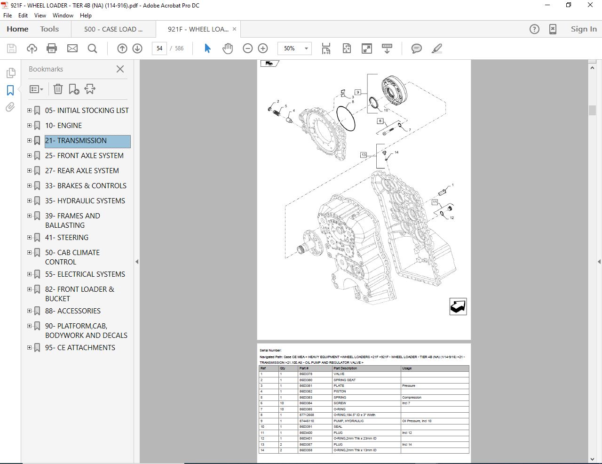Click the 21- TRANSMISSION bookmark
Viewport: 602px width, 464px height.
(76, 141)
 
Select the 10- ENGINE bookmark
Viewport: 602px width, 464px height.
(63, 126)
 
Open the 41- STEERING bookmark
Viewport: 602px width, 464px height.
(66, 238)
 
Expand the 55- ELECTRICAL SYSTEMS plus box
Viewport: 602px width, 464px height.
(29, 274)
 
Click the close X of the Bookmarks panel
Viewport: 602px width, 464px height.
(120, 69)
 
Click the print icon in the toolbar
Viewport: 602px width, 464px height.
(52, 48)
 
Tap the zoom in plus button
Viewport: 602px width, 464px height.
(263, 48)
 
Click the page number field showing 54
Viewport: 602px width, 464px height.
(159, 48)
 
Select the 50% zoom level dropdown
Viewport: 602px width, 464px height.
(294, 48)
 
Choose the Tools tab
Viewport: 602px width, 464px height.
(49, 29)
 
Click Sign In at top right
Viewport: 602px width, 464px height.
(583, 29)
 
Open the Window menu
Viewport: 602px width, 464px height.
(63, 16)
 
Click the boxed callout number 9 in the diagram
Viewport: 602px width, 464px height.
(358, 92)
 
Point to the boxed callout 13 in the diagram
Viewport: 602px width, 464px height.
(363, 155)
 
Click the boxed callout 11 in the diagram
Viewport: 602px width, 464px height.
(435, 202)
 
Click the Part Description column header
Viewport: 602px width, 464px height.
(345, 368)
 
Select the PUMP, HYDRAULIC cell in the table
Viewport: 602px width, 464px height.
(349, 421)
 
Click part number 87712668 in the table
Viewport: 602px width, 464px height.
(306, 415)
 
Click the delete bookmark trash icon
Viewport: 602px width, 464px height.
(58, 89)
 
